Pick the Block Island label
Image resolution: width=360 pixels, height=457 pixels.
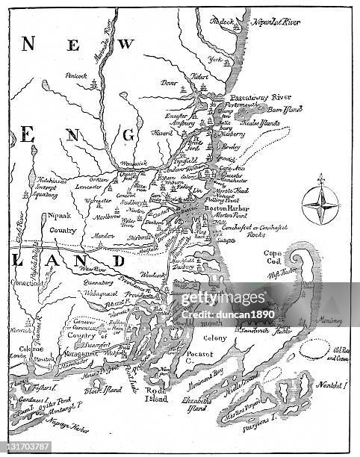[104, 390]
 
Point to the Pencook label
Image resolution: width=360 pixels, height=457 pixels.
[76, 75]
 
